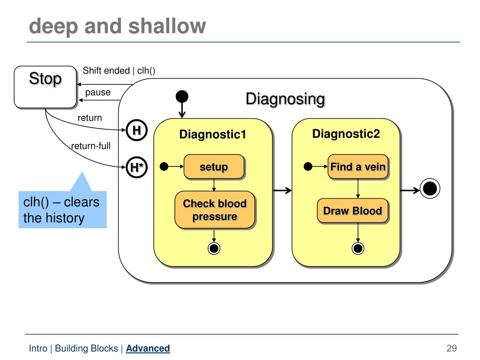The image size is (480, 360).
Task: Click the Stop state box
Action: pos(45,87)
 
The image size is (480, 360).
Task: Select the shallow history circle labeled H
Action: pos(136,130)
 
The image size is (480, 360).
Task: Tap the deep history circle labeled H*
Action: pos(136,167)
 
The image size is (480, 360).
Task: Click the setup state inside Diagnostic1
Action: pos(214,167)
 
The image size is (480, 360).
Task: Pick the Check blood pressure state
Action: pos(215,210)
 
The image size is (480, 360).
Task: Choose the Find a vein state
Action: pos(358,167)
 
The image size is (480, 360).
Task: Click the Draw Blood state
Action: pos(352,211)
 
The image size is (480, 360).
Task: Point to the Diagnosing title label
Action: pos(285,99)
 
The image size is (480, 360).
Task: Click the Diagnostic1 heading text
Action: pos(213,135)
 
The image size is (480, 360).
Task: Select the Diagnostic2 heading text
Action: pos(346,134)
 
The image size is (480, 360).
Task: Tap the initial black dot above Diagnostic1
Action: pos(182,97)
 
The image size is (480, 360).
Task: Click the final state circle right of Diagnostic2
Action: pos(430,188)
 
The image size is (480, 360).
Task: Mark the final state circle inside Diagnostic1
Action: pos(214,248)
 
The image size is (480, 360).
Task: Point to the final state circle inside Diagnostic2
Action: pos(358,248)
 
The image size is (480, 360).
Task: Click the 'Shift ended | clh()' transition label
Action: pos(119,71)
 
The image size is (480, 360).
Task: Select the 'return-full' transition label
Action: pos(90,146)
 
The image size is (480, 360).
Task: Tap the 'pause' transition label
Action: pos(97,92)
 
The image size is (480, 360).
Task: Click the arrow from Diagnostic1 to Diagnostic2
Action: pos(282,191)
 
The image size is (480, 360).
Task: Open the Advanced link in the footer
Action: pos(148,348)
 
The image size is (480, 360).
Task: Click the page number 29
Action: pos(451,348)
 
